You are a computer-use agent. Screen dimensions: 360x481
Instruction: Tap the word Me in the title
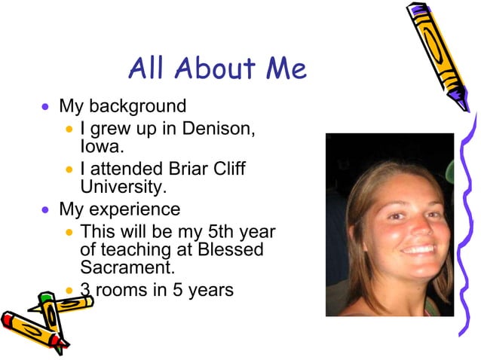click(x=286, y=69)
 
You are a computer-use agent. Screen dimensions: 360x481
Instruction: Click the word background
click(x=139, y=106)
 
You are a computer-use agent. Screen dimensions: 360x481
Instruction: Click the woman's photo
click(x=390, y=224)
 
